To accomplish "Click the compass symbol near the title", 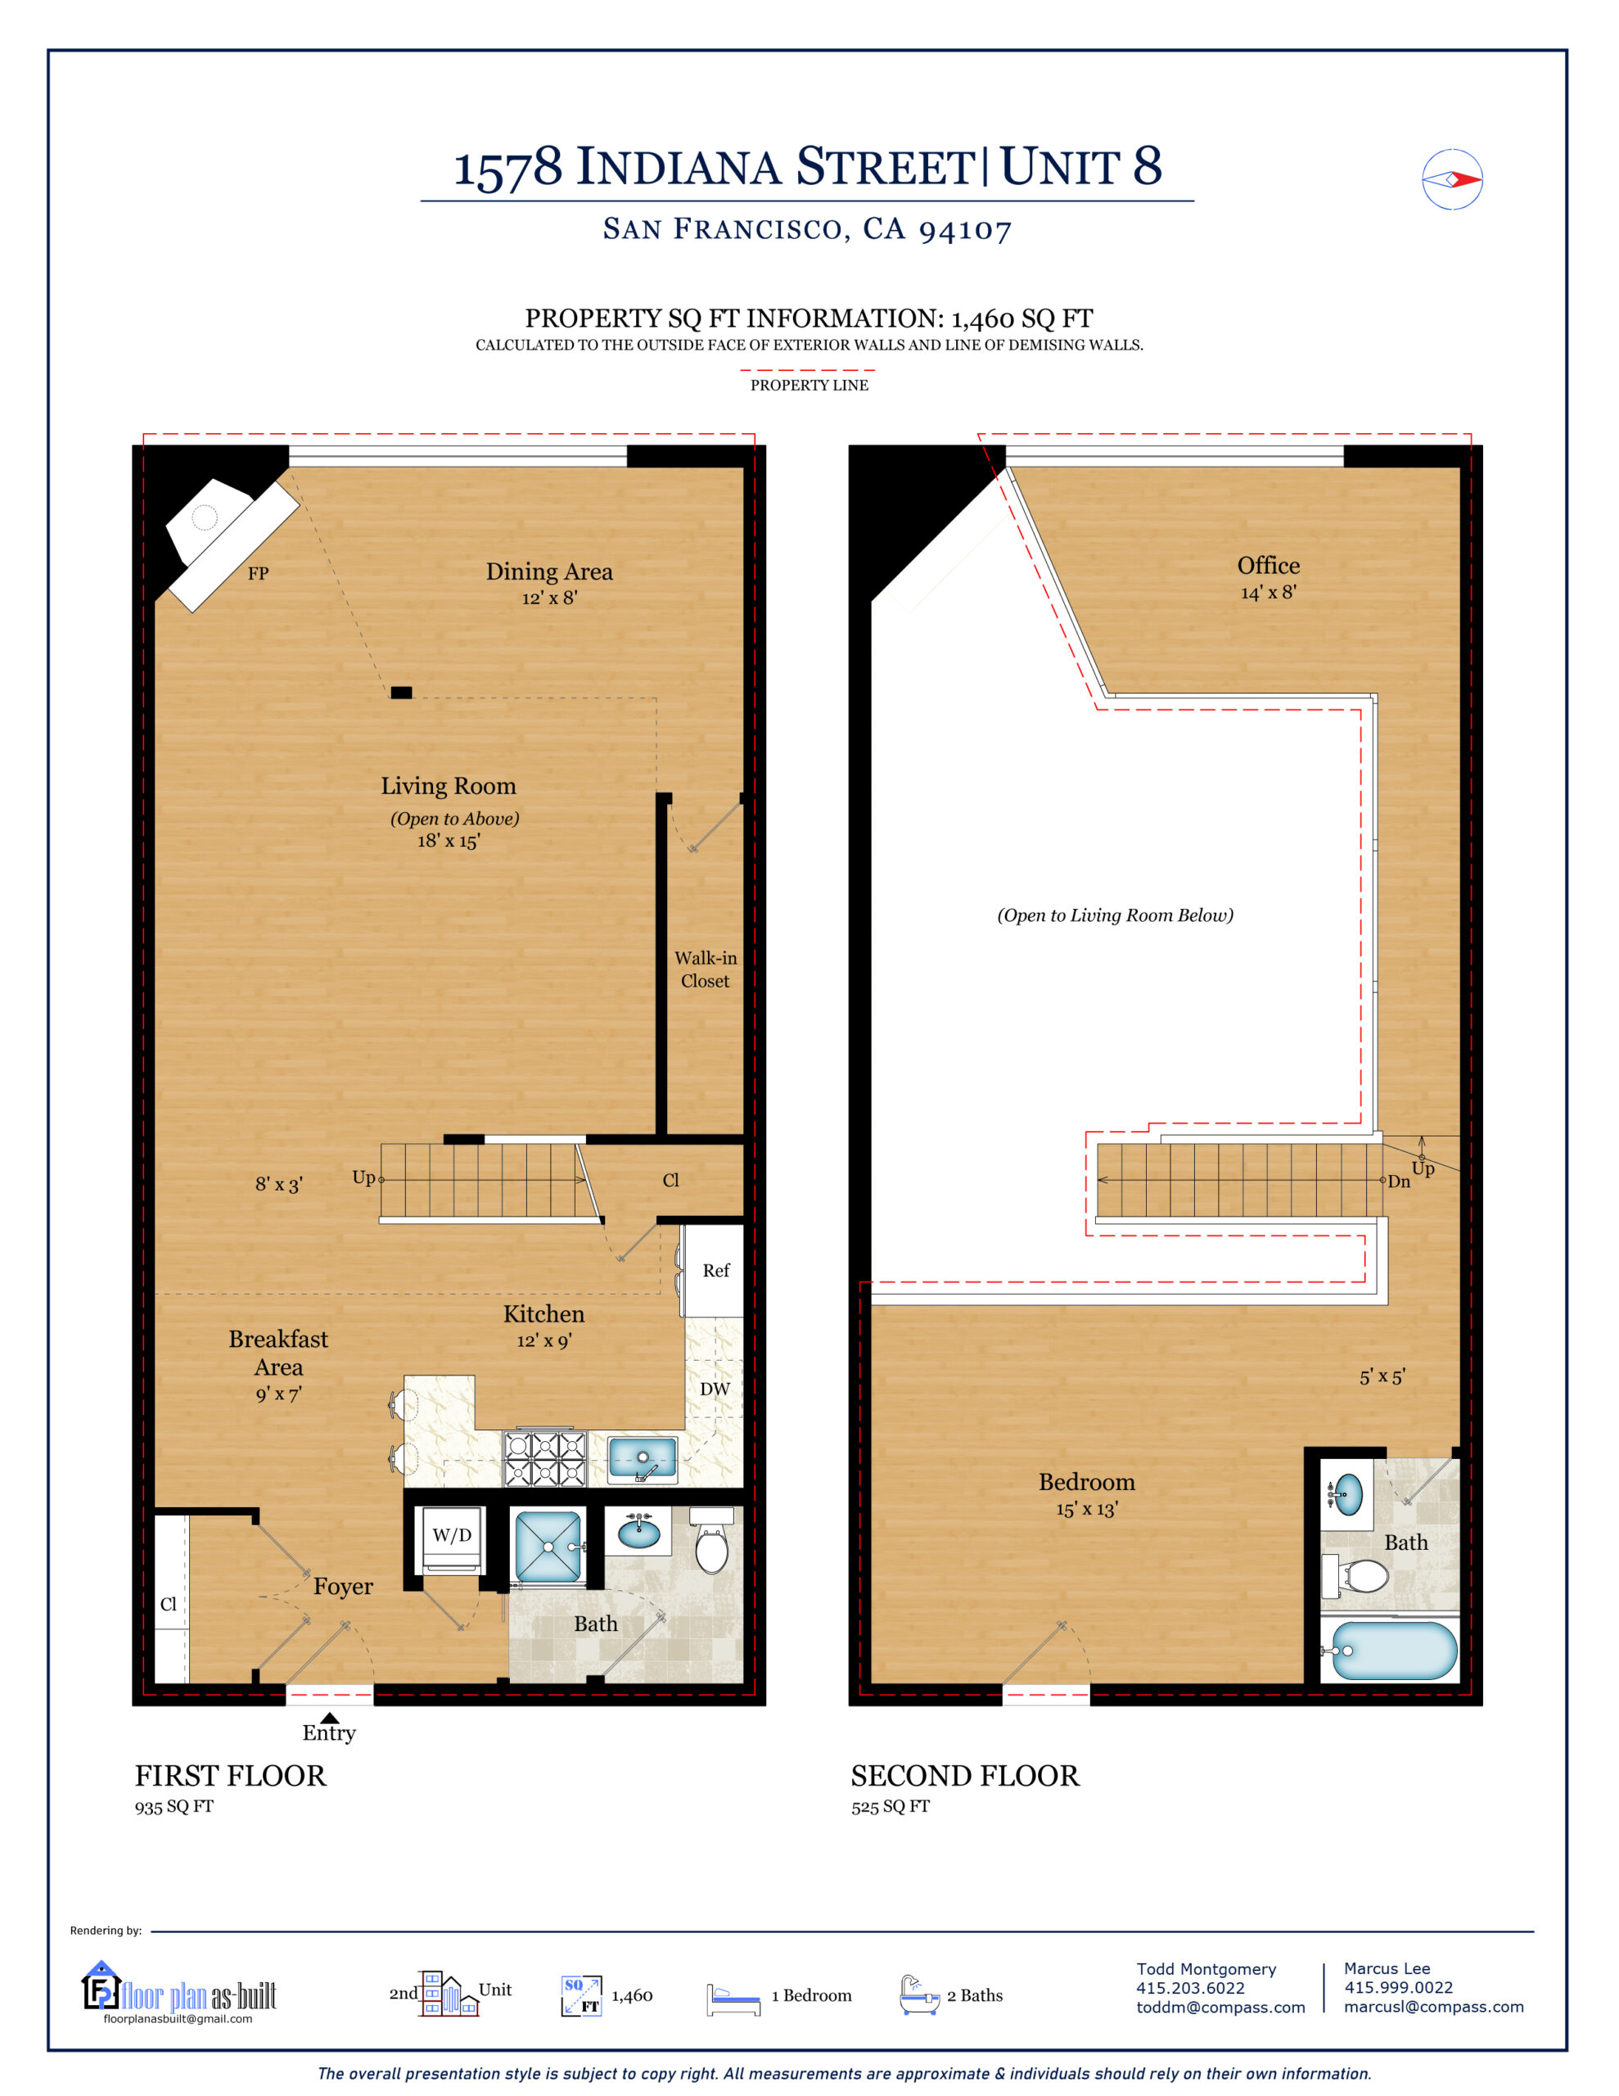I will pyautogui.click(x=1451, y=179).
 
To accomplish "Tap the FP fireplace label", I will pyautogui.click(x=257, y=574).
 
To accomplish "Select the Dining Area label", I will pyautogui.click(x=549, y=572).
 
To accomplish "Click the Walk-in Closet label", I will pyautogui.click(x=706, y=969).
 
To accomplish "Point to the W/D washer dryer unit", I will pyautogui.click(x=451, y=1535).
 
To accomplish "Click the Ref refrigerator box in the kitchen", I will pyautogui.click(x=715, y=1271).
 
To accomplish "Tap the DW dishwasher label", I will pyautogui.click(x=714, y=1389).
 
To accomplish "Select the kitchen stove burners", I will pyautogui.click(x=545, y=1459).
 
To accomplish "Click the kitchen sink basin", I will pyautogui.click(x=642, y=1459).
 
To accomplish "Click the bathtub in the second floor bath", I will pyautogui.click(x=1391, y=1651).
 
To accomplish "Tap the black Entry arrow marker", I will pyautogui.click(x=329, y=1718).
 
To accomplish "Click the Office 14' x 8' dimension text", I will pyautogui.click(x=1268, y=593).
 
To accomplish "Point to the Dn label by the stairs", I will pyautogui.click(x=1398, y=1181).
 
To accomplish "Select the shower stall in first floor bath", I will pyautogui.click(x=548, y=1546).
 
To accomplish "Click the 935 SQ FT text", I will pyautogui.click(x=174, y=1806).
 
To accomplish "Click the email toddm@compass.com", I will pyautogui.click(x=1220, y=2008).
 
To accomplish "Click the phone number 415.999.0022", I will pyautogui.click(x=1397, y=1988).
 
